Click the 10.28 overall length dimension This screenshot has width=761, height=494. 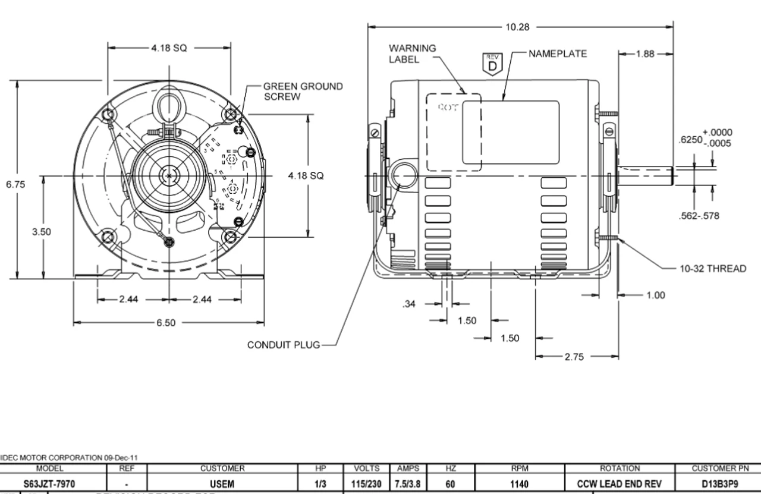click(515, 27)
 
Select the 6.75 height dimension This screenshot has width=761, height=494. click(15, 184)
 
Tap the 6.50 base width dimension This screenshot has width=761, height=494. click(166, 322)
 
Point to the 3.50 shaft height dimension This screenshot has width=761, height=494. click(42, 232)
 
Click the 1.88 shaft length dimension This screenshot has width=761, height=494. click(646, 54)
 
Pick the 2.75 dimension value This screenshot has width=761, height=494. click(574, 357)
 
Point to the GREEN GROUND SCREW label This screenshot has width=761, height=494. click(303, 91)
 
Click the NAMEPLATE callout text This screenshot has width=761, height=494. click(558, 54)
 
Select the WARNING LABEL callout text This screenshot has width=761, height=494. click(412, 54)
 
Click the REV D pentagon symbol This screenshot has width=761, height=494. click(492, 64)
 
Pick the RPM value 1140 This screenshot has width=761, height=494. click(519, 484)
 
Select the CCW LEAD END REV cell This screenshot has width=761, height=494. click(619, 484)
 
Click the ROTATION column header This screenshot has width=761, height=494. click(620, 468)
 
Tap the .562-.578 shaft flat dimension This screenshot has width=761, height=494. click(699, 216)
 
